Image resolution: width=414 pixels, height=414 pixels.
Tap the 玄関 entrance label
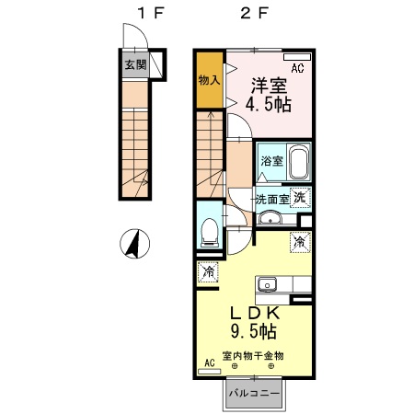pyautogui.click(x=134, y=65)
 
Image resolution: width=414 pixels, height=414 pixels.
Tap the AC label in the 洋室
pyautogui.click(x=298, y=68)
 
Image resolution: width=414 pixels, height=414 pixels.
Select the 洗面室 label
pyautogui.click(x=272, y=199)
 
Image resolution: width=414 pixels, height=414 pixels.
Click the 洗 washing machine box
pyautogui.click(x=301, y=196)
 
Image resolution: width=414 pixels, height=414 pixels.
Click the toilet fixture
pyautogui.click(x=210, y=232)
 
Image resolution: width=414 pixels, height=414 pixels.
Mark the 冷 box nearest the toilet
pyautogui.click(x=209, y=272)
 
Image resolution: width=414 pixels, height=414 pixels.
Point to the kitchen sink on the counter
pyautogui.click(x=267, y=282)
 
